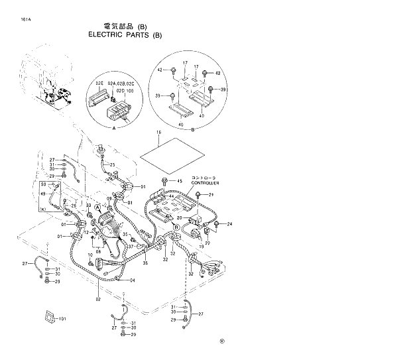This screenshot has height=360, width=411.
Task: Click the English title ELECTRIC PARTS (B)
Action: (x=125, y=35)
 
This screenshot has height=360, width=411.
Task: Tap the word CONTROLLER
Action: (x=203, y=183)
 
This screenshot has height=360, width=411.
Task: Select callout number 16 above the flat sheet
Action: (x=158, y=134)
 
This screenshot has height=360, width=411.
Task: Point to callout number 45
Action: (x=179, y=181)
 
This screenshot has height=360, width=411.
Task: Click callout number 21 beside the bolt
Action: (x=212, y=195)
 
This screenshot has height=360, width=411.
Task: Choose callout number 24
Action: (x=230, y=225)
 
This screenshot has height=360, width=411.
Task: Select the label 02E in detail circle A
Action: (x=99, y=84)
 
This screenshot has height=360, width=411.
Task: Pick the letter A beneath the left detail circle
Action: (x=114, y=127)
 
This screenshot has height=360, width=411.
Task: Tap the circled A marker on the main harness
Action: (x=98, y=208)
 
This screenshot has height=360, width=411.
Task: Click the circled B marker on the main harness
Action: (x=176, y=227)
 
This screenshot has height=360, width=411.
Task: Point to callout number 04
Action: (x=133, y=280)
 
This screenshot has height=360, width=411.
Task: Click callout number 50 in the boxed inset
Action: (x=44, y=184)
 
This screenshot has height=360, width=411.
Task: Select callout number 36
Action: (x=145, y=263)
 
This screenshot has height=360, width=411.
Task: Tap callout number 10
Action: (x=91, y=255)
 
